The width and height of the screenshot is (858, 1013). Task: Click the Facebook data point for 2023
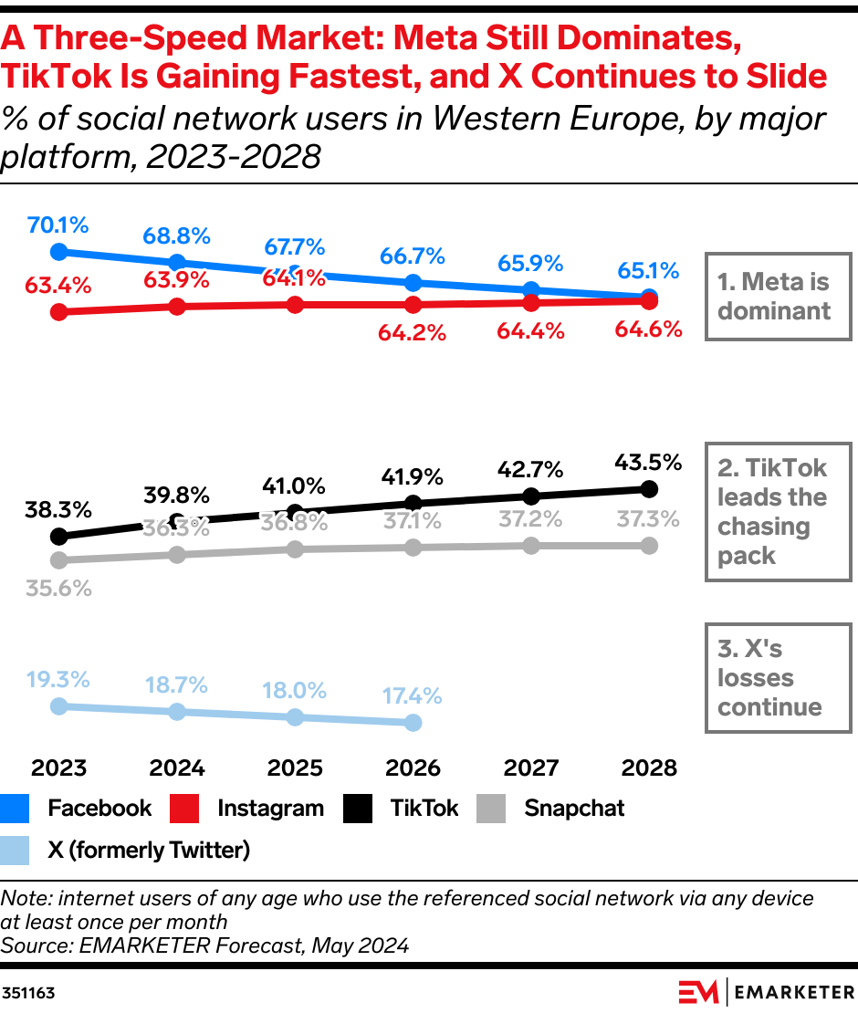[x=59, y=251]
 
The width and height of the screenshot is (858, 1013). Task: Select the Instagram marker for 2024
[x=177, y=307]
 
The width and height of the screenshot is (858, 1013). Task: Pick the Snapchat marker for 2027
[x=531, y=545]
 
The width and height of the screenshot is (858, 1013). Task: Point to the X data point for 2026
[x=413, y=723]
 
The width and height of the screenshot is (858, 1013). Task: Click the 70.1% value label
[x=59, y=225]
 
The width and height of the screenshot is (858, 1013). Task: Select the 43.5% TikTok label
[x=648, y=463]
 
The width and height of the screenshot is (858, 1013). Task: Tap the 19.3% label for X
[x=59, y=679]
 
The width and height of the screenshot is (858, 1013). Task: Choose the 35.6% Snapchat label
[x=59, y=589]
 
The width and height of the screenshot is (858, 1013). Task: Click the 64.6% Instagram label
[x=648, y=329]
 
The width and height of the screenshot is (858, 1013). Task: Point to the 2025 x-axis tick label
[x=295, y=768]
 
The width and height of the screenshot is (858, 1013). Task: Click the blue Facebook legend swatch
[x=16, y=809]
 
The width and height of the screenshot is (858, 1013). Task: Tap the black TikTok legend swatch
[x=358, y=809]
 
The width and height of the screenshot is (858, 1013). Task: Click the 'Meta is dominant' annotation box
[x=777, y=296]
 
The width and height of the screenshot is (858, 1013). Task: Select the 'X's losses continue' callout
[x=777, y=678]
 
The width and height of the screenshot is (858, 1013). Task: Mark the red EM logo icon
[x=698, y=991]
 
